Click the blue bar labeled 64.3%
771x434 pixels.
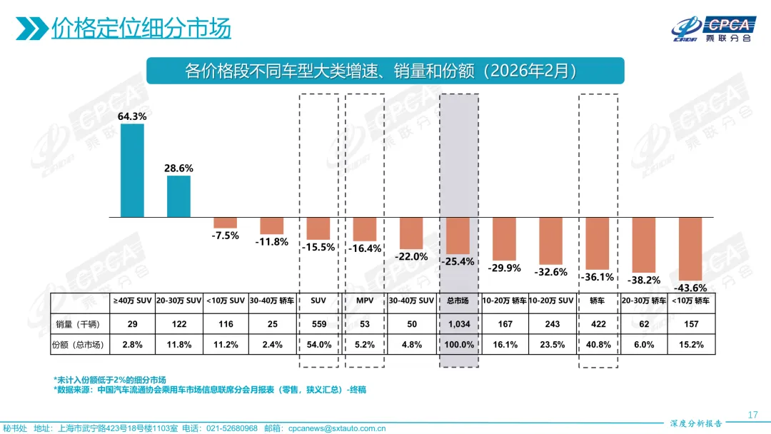(132, 171)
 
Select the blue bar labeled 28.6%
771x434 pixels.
(178, 196)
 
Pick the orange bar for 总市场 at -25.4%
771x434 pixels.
(458, 236)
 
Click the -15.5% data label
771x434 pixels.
(318, 247)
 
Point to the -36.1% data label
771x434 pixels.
(598, 277)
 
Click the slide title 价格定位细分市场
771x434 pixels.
(141, 29)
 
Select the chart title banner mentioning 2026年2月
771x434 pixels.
(385, 71)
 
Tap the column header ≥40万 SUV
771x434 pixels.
(132, 301)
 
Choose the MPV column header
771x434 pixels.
(365, 301)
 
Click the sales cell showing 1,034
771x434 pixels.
(458, 323)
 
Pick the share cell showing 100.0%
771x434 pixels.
(458, 344)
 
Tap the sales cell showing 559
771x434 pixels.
(318, 323)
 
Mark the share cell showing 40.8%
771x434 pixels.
(598, 344)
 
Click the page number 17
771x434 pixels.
(752, 415)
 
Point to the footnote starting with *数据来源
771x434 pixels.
(211, 390)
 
